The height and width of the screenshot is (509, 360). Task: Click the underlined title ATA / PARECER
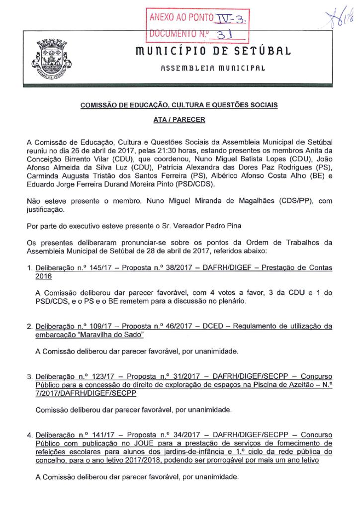tap(180, 120)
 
